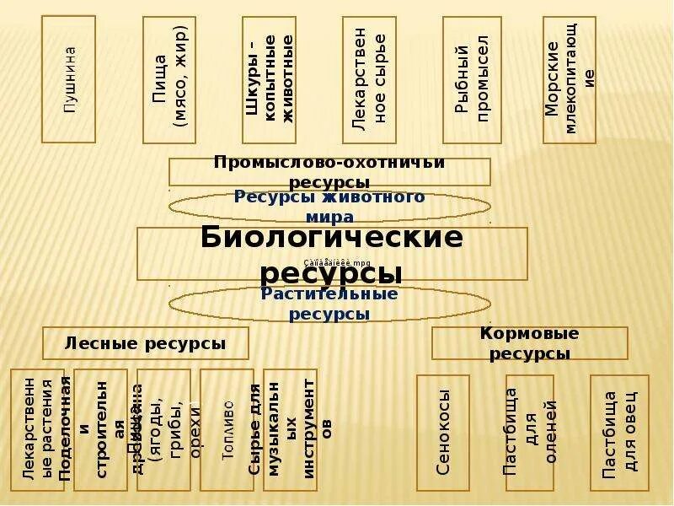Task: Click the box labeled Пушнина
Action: pos(68,79)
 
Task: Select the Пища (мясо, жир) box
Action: pos(169,79)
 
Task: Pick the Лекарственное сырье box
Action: pos(369,79)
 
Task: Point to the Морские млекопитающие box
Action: pos(570,79)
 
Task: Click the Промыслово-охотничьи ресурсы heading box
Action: pos(329,171)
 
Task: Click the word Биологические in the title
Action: pos(331,237)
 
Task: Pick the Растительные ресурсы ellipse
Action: pos(329,304)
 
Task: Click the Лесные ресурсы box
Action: pos(146,343)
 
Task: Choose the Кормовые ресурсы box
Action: pos(529,343)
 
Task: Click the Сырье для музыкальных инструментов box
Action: pos(290,430)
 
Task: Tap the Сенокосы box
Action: pos(443,432)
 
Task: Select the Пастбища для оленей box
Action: pos(529,432)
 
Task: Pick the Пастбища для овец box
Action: pos(619,432)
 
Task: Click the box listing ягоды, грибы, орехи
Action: pos(164,430)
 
